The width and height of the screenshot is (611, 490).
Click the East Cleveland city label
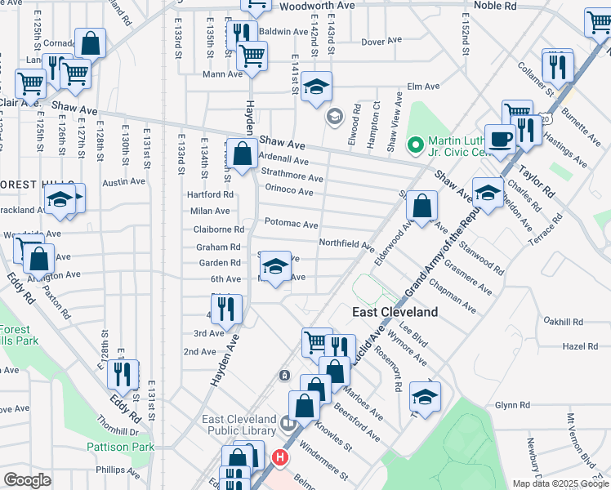(395, 312)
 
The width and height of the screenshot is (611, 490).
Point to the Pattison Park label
(121, 447)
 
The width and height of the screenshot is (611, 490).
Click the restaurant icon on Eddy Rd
(123, 374)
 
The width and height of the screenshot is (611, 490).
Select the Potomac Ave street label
(291, 224)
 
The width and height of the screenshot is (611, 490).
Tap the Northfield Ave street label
(346, 243)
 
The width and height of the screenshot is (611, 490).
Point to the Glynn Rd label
(513, 405)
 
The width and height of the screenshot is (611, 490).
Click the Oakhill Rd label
(567, 323)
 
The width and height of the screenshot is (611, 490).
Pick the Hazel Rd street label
(581, 346)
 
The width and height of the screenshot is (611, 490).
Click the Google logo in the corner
(27, 479)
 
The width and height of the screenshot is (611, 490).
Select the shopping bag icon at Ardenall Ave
(243, 153)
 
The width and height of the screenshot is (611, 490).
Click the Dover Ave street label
(381, 41)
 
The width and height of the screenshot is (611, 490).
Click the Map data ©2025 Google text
(560, 483)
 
